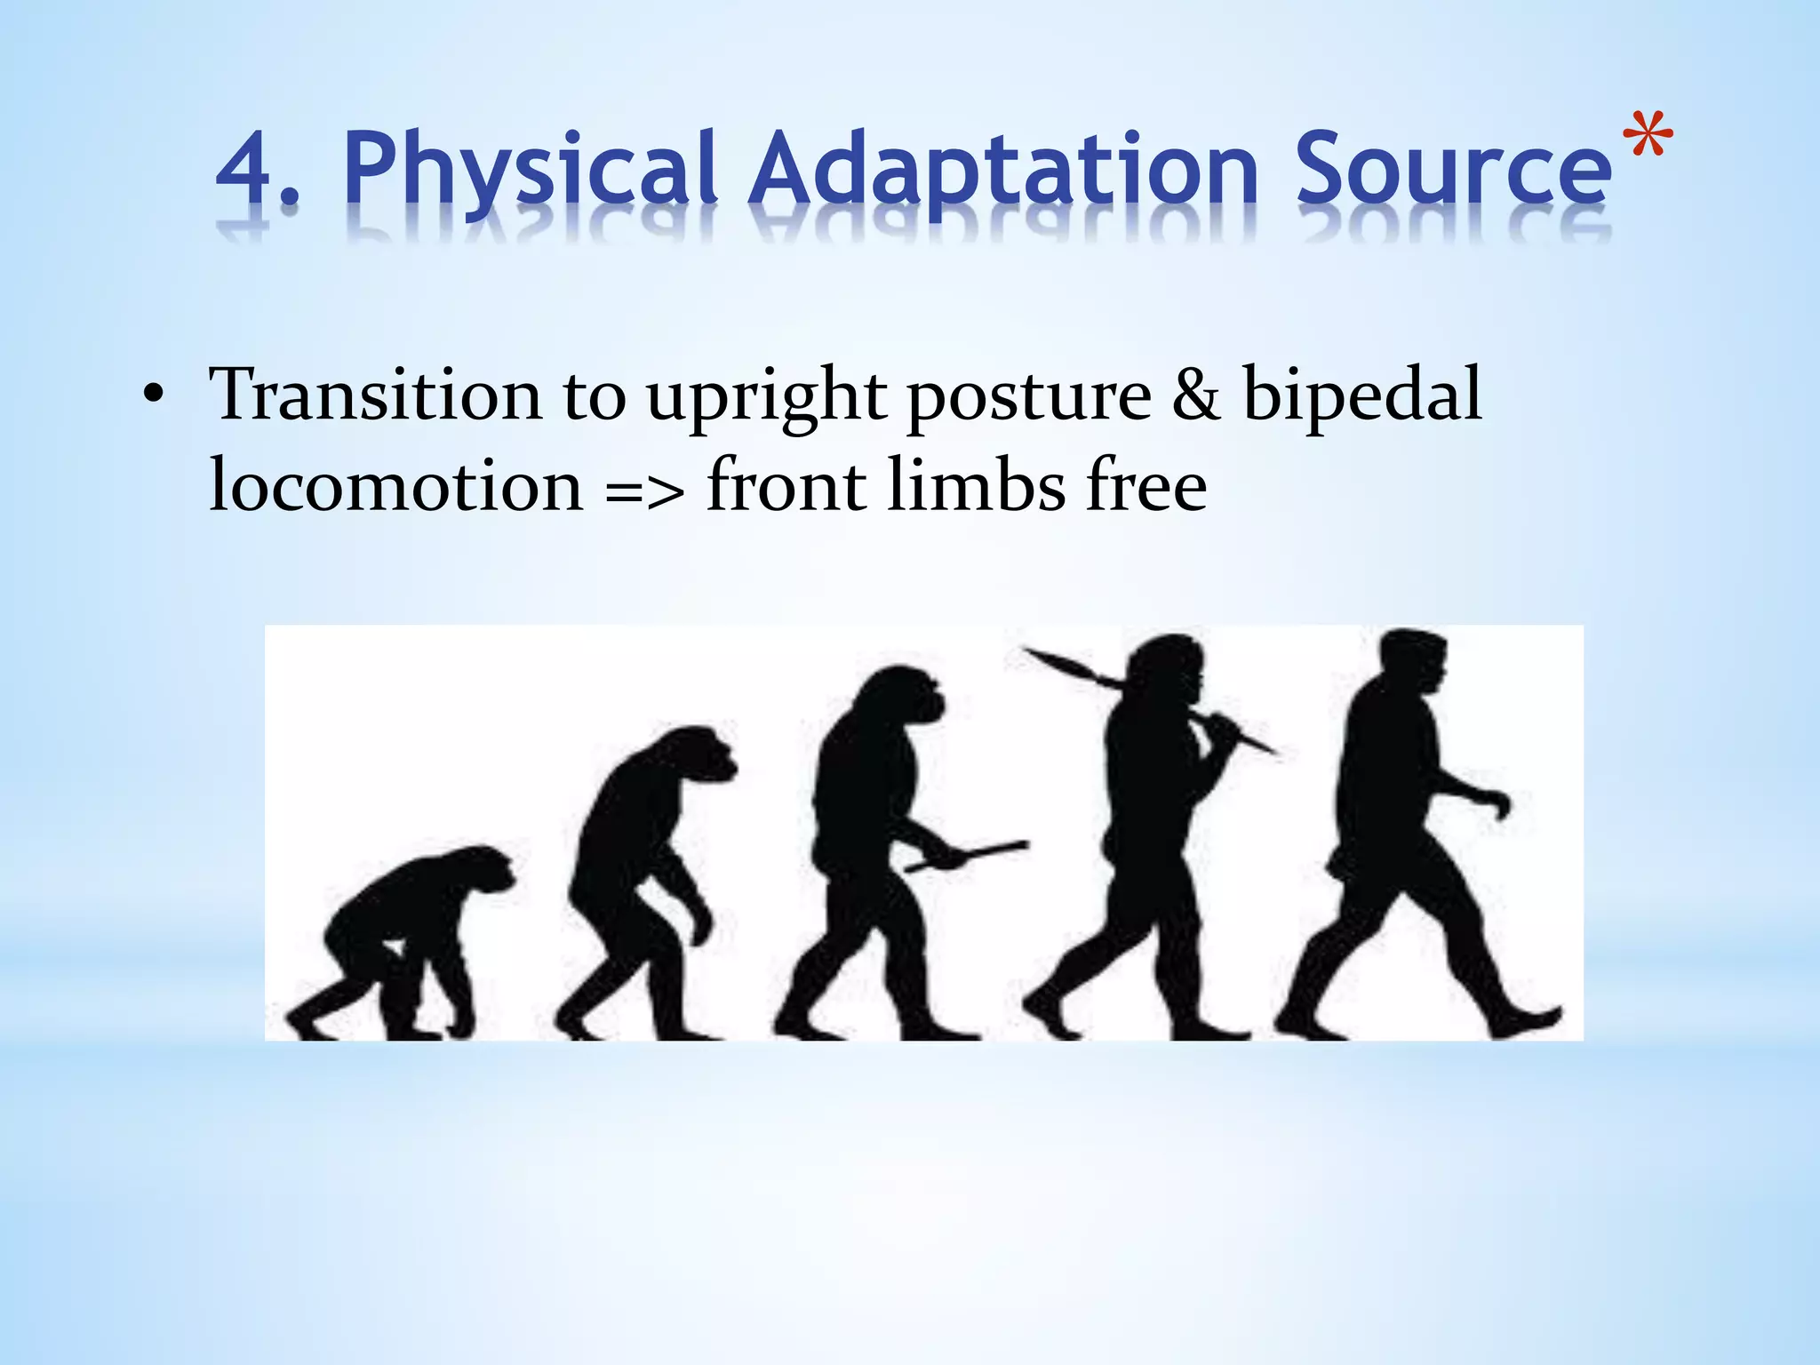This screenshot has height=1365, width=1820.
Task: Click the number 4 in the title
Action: [247, 169]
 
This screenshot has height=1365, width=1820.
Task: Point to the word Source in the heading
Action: [1452, 169]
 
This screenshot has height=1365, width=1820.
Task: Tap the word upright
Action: [766, 396]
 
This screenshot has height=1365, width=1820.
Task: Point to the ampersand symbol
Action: [1195, 395]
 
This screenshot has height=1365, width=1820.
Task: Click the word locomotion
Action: [395, 486]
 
